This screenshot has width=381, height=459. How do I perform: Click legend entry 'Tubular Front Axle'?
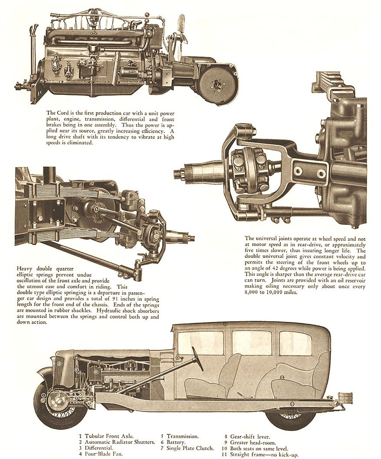tap(109, 436)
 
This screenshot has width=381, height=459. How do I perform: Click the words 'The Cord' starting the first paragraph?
tap(57, 113)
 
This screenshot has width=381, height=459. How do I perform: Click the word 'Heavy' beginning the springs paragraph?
tap(24, 268)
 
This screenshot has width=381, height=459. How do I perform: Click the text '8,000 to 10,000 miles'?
tap(271, 293)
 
